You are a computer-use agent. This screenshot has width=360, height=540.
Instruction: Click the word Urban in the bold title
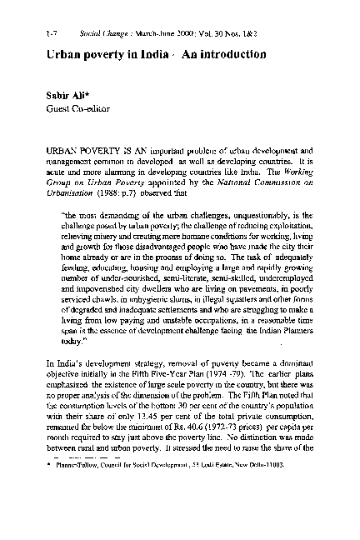point(65,54)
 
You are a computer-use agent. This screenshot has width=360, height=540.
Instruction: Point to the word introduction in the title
point(224,54)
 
